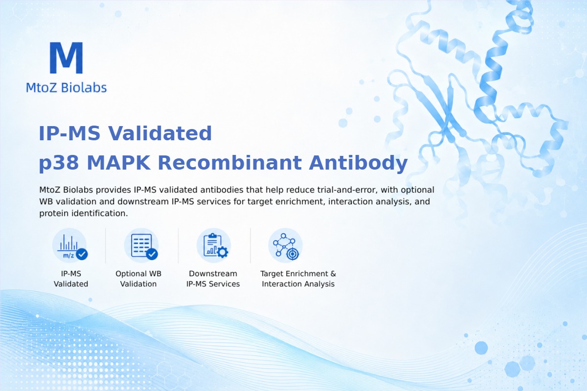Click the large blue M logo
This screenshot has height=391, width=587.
(67, 58)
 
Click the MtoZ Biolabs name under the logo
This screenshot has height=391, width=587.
(67, 87)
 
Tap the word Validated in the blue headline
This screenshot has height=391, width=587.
(160, 133)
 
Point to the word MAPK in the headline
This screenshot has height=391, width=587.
(119, 163)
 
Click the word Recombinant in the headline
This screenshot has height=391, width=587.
(230, 162)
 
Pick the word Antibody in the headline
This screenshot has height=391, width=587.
(358, 163)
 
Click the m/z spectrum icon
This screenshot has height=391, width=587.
(70, 246)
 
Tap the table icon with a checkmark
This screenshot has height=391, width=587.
(141, 246)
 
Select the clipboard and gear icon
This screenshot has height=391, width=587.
(214, 246)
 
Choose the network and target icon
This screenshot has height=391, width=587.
(285, 246)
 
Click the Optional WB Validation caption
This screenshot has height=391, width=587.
(138, 279)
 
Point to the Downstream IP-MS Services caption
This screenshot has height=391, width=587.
(213, 279)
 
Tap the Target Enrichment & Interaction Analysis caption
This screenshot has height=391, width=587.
(298, 279)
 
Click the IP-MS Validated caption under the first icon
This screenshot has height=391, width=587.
(71, 279)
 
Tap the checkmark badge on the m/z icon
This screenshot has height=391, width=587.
(82, 254)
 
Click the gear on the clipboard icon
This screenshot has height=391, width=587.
(223, 252)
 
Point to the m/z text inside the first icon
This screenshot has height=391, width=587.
(68, 255)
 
